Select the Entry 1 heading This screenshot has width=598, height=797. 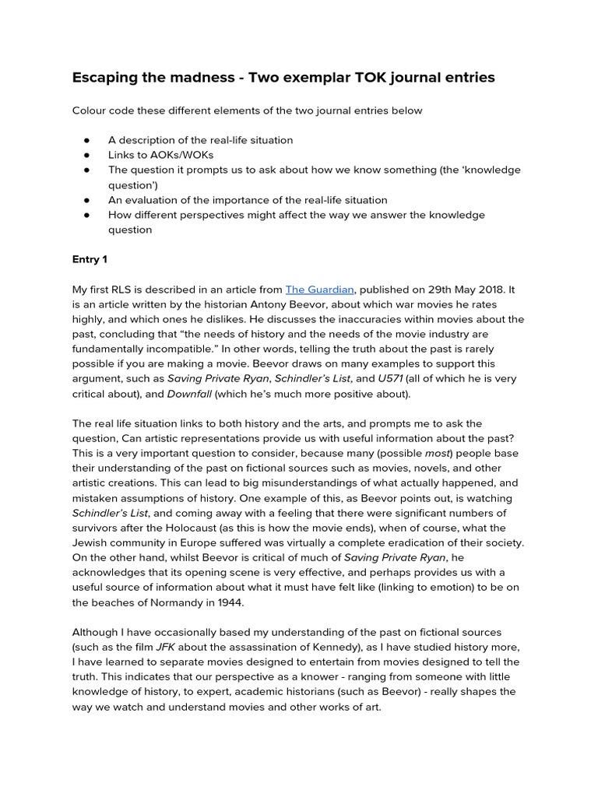(x=92, y=259)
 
